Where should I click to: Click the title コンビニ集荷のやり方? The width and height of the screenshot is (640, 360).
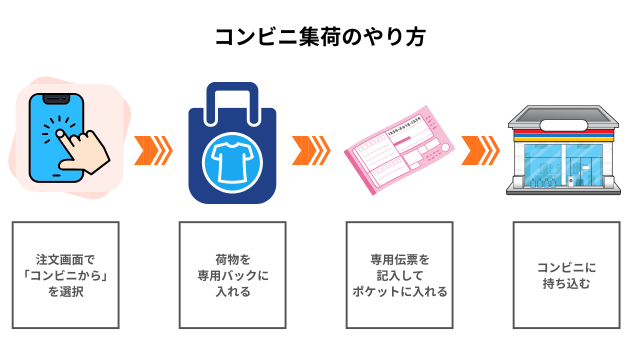pyautogui.click(x=319, y=37)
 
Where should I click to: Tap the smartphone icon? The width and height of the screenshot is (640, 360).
pyautogui.click(x=50, y=137)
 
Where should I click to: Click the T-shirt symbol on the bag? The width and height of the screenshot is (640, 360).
pyautogui.click(x=230, y=159)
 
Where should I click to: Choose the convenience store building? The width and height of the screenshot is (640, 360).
pyautogui.click(x=565, y=150)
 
